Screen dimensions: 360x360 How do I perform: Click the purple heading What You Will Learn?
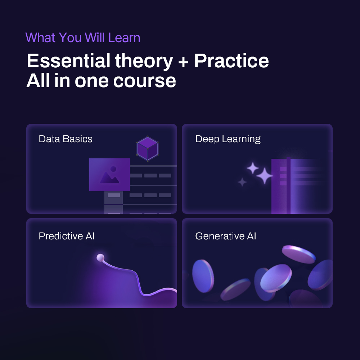click(83, 38)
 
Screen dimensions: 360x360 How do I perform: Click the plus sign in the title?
click(183, 62)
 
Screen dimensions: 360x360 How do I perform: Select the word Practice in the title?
click(231, 60)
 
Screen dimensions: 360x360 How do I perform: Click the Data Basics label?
click(66, 139)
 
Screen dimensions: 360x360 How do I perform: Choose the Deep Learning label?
click(228, 139)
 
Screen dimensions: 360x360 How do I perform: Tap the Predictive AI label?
click(67, 236)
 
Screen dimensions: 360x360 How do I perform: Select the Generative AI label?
click(225, 236)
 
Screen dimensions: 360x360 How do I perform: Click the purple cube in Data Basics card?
click(148, 149)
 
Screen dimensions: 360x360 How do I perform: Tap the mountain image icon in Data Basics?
click(109, 175)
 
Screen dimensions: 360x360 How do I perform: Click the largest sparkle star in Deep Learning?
click(264, 176)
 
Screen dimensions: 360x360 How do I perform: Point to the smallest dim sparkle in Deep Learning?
click(242, 182)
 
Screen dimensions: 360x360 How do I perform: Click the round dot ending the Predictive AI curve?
click(100, 258)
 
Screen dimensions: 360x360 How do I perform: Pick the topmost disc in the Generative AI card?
click(299, 255)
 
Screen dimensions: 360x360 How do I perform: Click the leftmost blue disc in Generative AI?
click(203, 276)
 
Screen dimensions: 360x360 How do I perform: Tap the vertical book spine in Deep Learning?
click(288, 185)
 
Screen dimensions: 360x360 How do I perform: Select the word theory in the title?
click(144, 61)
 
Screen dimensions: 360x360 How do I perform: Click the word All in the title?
click(38, 81)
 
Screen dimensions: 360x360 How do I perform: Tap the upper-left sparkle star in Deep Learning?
click(253, 168)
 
